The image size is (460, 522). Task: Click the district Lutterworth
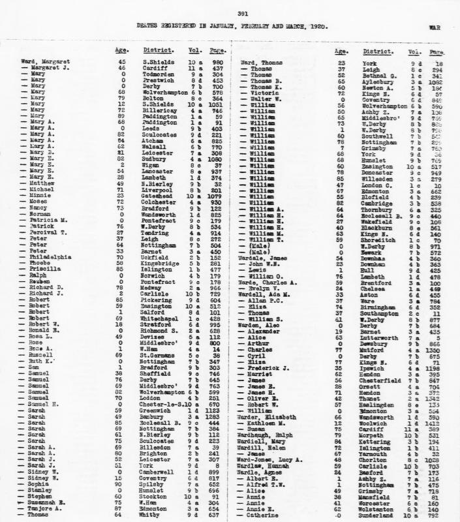(380, 338)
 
